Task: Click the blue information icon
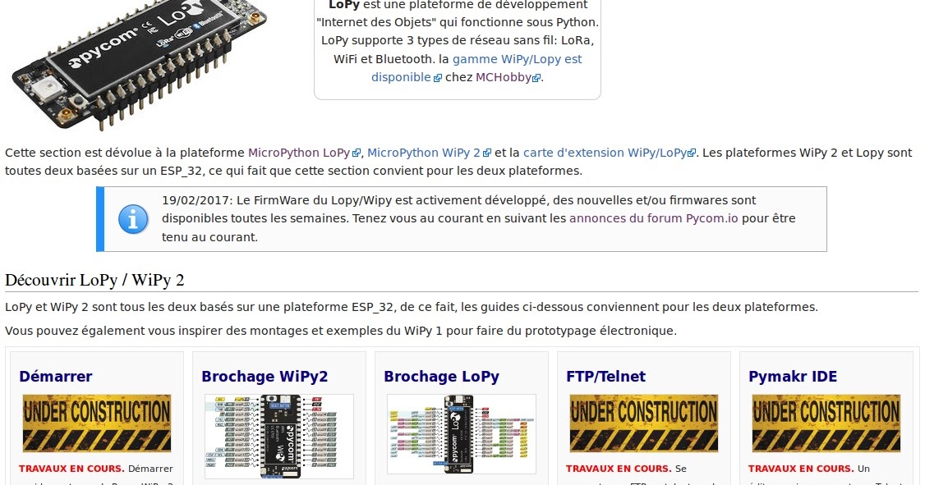coord(133,219)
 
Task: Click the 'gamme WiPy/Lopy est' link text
coord(517,59)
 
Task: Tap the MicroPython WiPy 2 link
coord(424,153)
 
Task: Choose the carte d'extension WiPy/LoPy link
coord(604,153)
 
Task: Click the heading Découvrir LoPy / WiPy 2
coord(94,280)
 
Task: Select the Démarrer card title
coord(56,377)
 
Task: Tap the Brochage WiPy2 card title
coord(265,377)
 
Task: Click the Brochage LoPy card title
coord(441,377)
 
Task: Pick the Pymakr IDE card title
coord(793,377)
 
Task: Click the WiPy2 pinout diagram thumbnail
coord(279,436)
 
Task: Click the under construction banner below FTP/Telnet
coord(643,423)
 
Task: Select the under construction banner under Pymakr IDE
coord(826,423)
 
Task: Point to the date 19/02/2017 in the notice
coord(194,200)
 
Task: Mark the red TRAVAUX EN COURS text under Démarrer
coord(71,469)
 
